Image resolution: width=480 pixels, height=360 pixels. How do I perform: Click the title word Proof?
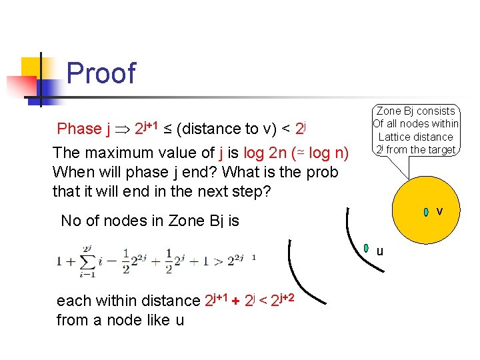[x=101, y=73]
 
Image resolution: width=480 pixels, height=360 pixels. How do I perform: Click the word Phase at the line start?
[x=79, y=129]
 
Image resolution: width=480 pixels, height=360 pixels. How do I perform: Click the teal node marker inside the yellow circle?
[x=426, y=212]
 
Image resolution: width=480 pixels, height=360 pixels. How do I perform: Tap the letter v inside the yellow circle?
[x=439, y=212]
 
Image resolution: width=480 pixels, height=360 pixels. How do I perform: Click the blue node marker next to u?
[x=367, y=249]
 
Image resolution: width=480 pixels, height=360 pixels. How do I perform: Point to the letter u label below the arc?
[x=379, y=252]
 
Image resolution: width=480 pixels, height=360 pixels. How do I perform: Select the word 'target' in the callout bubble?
[x=439, y=149]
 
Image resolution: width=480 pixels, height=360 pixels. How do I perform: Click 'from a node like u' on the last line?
[x=120, y=321]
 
